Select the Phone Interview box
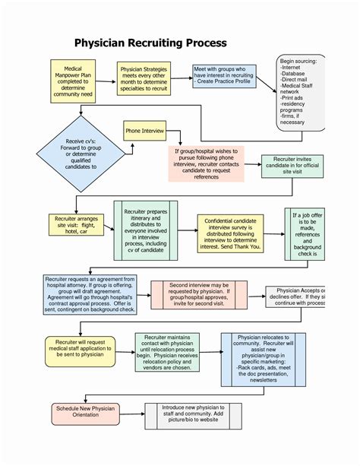pos(144,131)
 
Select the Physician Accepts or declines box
pos(298,297)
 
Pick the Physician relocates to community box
pos(263,358)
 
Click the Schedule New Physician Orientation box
pos(85,413)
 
